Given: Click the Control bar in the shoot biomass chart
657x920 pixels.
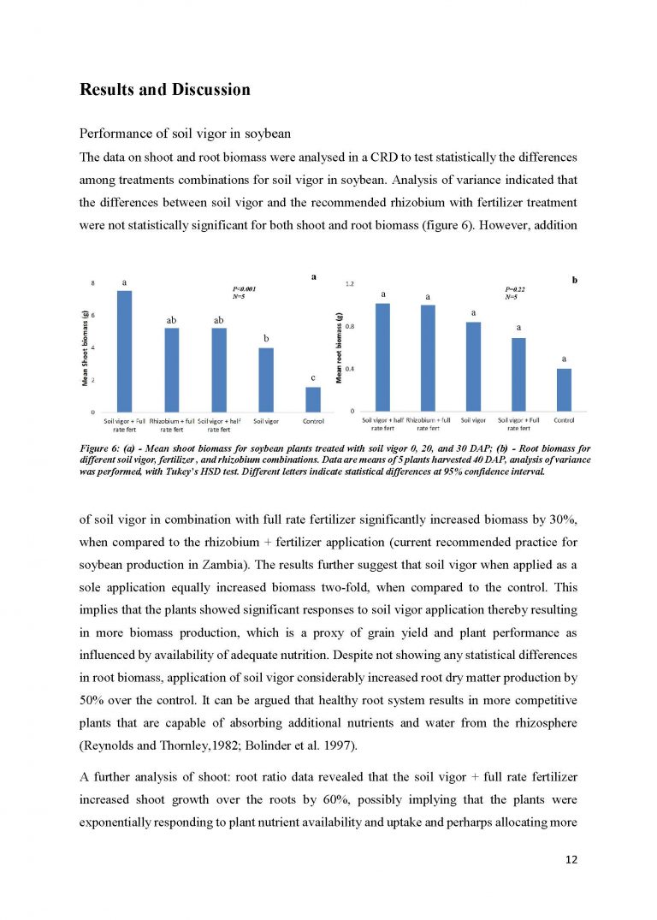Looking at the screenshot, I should (x=312, y=400).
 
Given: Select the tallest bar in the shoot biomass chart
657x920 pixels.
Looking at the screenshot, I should (x=125, y=352).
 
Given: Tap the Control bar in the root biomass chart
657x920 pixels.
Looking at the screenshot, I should (x=564, y=390).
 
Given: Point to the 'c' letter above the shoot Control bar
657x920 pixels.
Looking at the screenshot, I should (x=312, y=377).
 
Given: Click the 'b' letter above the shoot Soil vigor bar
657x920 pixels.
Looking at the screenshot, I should (x=266, y=338).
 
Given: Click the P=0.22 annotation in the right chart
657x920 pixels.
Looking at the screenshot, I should (x=516, y=289).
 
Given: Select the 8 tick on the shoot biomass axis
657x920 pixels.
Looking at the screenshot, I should (x=93, y=283).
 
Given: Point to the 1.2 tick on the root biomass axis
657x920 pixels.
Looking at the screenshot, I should (x=349, y=283).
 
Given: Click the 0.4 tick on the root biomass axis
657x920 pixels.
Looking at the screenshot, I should (x=349, y=369).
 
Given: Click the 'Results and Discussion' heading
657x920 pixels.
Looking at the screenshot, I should (x=164, y=89).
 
